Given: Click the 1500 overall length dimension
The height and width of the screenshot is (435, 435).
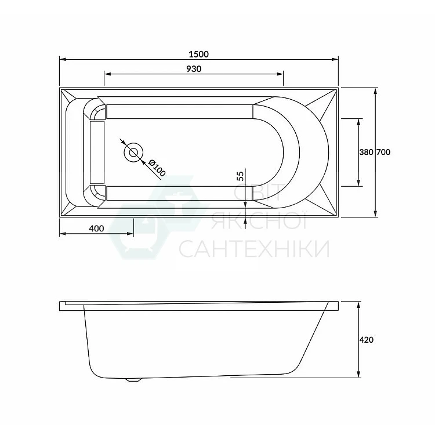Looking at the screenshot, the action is (x=198, y=54).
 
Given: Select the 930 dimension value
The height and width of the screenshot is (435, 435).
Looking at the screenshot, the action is (x=194, y=69).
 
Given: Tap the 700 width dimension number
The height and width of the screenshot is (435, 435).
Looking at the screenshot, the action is (x=383, y=152).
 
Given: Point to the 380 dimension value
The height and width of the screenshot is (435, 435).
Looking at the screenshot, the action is (x=366, y=152).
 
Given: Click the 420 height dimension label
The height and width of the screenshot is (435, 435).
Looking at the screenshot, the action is (x=367, y=339).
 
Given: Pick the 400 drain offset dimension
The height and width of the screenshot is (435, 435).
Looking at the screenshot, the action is (x=96, y=229).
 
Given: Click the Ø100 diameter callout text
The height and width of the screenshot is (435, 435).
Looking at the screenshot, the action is (x=157, y=168).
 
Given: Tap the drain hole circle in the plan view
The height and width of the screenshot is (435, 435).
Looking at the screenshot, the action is (x=134, y=153).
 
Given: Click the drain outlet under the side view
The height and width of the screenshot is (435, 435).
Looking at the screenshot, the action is (x=134, y=380).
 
